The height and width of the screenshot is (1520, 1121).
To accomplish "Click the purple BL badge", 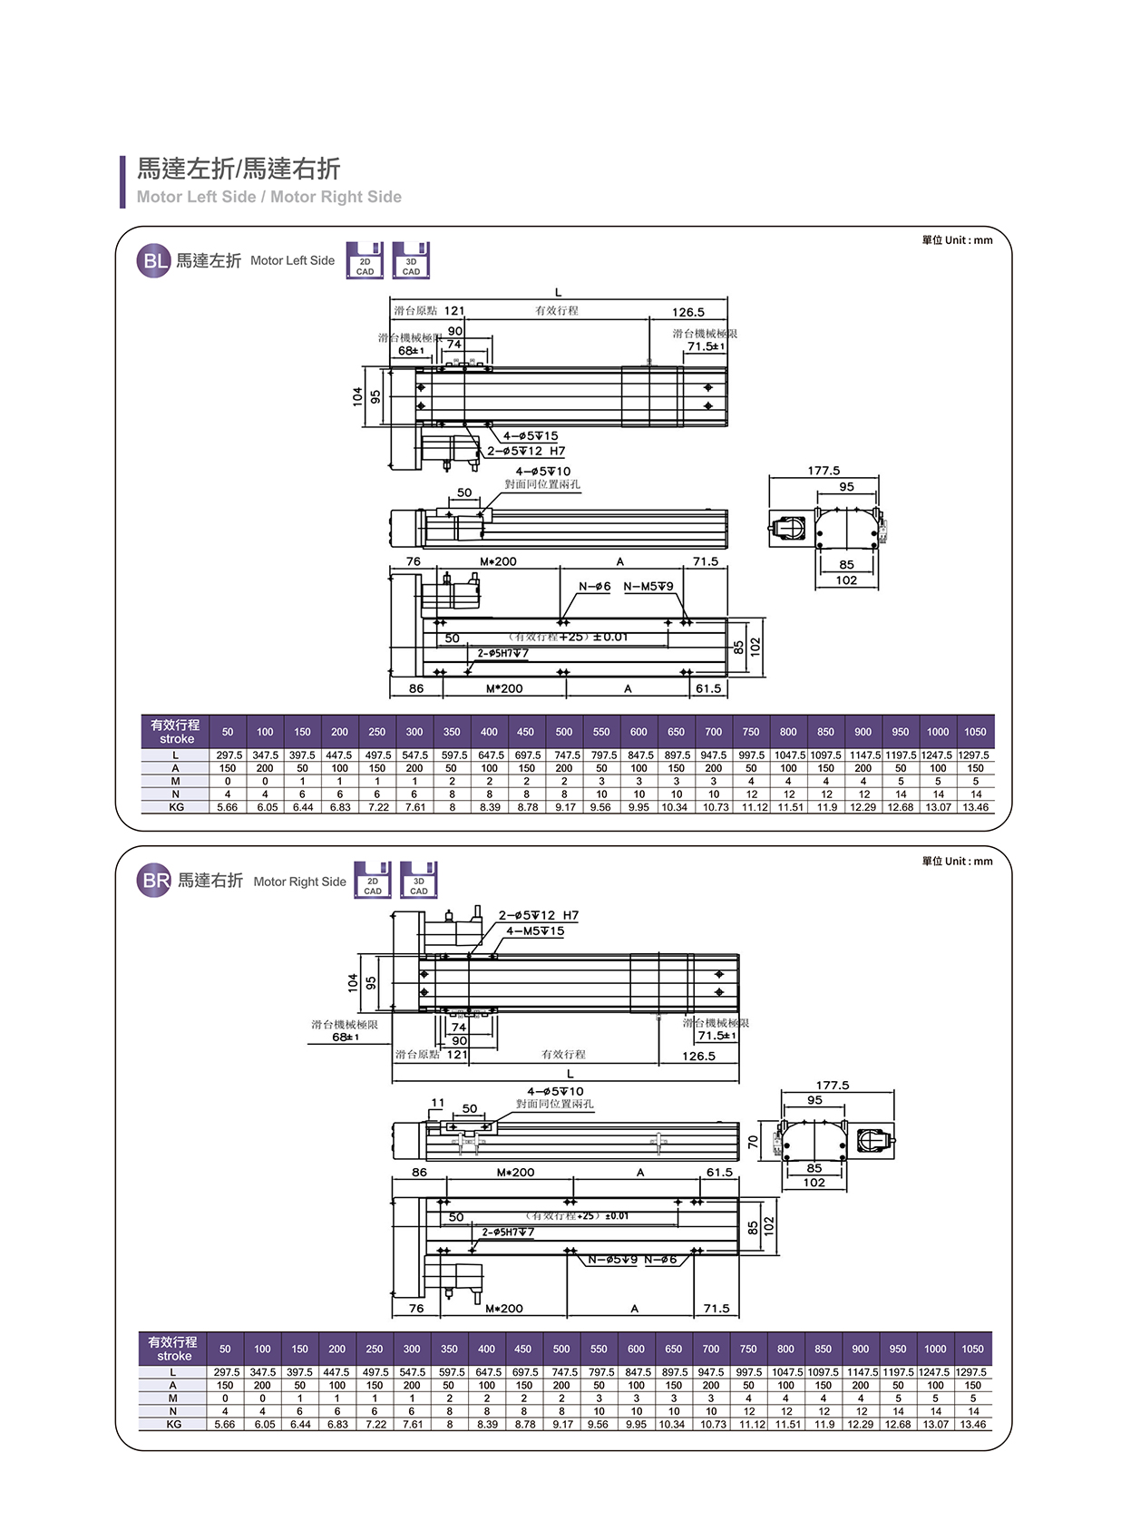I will click(153, 261).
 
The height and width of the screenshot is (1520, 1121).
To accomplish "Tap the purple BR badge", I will click(154, 881).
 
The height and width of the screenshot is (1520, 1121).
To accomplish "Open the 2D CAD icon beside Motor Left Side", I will click(365, 261).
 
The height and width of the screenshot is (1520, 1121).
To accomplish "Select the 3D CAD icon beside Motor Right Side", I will click(418, 880).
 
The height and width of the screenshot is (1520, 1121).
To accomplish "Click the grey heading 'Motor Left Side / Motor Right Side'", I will click(268, 197).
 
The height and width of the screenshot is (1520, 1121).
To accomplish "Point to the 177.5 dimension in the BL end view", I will click(824, 471).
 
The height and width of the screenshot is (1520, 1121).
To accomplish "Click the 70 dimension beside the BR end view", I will click(753, 1143).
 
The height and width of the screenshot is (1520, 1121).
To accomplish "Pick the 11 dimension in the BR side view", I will click(438, 1103).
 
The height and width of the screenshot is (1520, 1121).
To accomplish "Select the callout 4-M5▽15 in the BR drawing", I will click(535, 931).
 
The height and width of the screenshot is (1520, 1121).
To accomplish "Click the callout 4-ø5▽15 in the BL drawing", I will click(531, 436).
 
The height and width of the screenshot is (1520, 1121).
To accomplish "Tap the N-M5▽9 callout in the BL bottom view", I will click(648, 587).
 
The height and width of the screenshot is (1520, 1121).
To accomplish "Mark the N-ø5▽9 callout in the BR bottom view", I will click(613, 1260).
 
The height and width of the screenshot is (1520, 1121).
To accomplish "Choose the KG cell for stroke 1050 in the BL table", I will click(975, 807).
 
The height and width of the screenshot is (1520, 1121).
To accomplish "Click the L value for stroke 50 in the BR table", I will click(225, 1372).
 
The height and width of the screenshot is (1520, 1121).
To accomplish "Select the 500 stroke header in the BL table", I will click(563, 732).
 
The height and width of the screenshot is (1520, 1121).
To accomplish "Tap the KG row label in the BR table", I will click(173, 1424).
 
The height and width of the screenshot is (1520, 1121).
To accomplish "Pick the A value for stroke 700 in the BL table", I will click(714, 768).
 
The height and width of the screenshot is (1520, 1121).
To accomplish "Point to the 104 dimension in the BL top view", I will click(358, 396).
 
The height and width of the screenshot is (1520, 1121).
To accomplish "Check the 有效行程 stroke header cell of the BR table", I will click(173, 1349).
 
